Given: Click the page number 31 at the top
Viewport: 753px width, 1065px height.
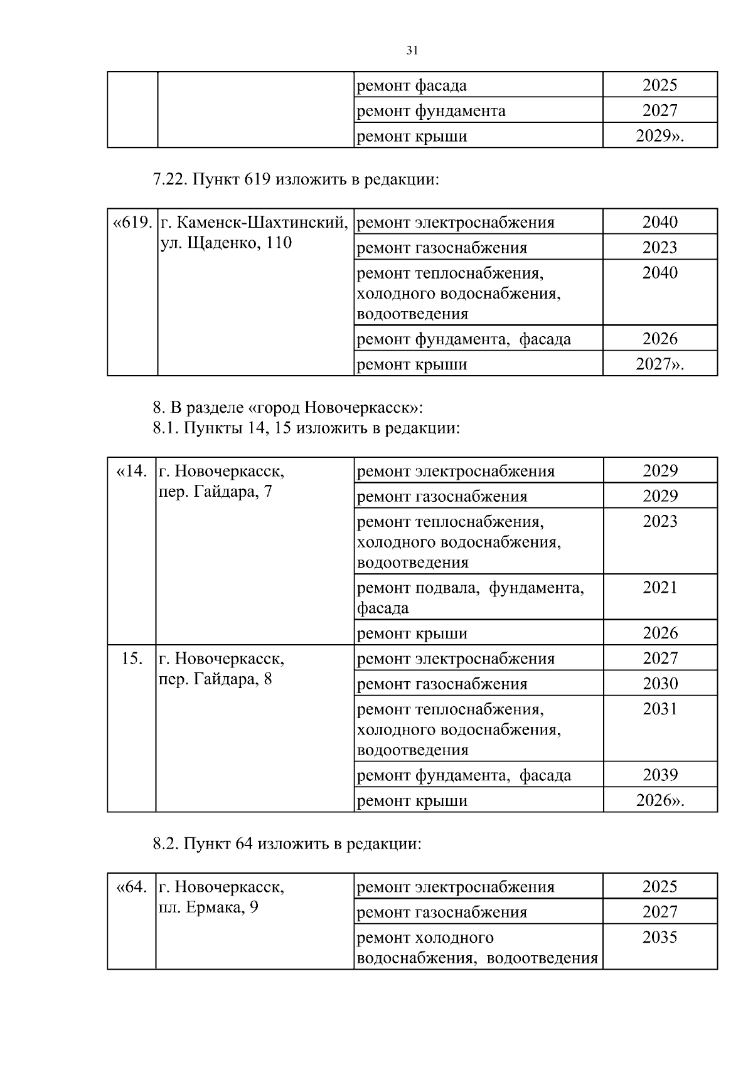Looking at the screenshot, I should pyautogui.click(x=412, y=51).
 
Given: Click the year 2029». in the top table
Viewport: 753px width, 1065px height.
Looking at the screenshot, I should pyautogui.click(x=660, y=136).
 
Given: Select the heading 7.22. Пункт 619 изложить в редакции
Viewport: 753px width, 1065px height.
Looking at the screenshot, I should pyautogui.click(x=296, y=180).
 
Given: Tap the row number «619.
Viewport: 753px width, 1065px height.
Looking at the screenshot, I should pyautogui.click(x=132, y=223).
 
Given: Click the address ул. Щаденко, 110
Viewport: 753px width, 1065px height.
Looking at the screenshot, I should pyautogui.click(x=226, y=243).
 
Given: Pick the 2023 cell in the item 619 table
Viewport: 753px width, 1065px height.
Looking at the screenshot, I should pyautogui.click(x=660, y=247).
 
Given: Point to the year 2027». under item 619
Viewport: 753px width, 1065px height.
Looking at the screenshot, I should pyautogui.click(x=660, y=364).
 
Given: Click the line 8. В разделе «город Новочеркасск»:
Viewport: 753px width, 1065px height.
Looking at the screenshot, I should pyautogui.click(x=288, y=408).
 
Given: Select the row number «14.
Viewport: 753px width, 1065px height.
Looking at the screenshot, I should pyautogui.click(x=132, y=471).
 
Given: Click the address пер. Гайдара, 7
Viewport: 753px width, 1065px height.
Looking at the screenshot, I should pyautogui.click(x=216, y=491).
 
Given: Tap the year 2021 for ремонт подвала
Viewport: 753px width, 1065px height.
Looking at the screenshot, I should pyautogui.click(x=660, y=588).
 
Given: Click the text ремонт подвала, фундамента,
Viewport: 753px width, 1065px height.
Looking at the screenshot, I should pyautogui.click(x=470, y=588).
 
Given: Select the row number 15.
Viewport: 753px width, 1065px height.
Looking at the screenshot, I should pyautogui.click(x=131, y=659).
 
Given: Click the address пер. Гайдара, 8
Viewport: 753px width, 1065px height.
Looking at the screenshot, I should pyautogui.click(x=216, y=679).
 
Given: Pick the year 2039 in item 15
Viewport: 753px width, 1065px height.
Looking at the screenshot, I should pyautogui.click(x=660, y=775).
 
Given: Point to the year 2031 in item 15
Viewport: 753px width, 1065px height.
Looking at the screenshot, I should pyautogui.click(x=660, y=709).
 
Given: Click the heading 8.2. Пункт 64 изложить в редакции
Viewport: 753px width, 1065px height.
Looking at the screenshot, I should pyautogui.click(x=287, y=844).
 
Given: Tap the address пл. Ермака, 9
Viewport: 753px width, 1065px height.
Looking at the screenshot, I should pyautogui.click(x=208, y=908).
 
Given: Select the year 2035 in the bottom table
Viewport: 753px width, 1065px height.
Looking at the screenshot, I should pyautogui.click(x=660, y=938).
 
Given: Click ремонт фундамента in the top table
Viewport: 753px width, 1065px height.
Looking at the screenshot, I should pyautogui.click(x=430, y=111).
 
